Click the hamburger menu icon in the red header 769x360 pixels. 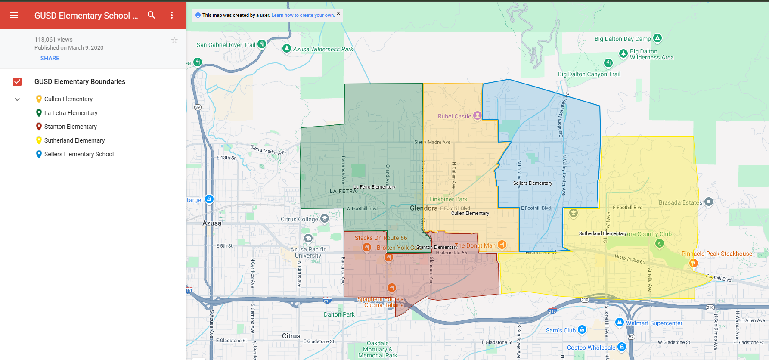point(14,15)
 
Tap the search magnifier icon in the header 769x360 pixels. point(151,15)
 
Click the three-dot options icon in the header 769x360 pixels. point(172,15)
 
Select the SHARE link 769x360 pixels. point(50,58)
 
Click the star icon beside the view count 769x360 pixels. point(174,40)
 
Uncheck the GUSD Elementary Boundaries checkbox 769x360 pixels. point(17,82)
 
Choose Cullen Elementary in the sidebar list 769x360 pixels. point(68,99)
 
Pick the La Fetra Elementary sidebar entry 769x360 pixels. point(71,113)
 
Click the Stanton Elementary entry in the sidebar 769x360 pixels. point(70,127)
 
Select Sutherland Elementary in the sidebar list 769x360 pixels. point(74,140)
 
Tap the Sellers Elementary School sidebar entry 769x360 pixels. point(79,154)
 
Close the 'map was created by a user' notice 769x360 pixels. point(338,13)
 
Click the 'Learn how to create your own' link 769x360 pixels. point(303,15)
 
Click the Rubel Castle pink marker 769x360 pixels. point(477,115)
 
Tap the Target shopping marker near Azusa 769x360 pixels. point(209,199)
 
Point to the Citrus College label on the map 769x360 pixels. point(299,219)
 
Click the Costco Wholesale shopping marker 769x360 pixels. point(621,347)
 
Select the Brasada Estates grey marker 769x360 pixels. point(709,202)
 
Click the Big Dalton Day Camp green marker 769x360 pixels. point(657,38)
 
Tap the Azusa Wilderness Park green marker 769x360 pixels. point(287,48)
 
